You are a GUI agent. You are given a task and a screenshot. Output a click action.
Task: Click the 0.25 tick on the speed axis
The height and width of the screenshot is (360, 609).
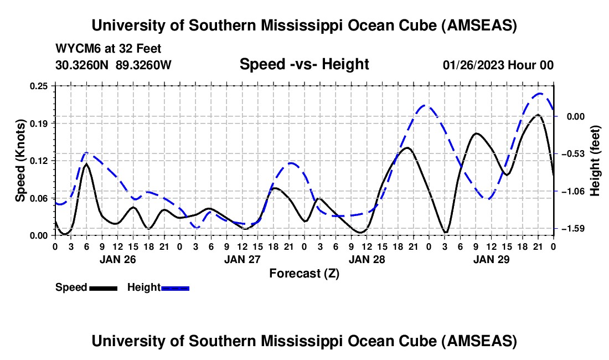pyautogui.click(x=41, y=86)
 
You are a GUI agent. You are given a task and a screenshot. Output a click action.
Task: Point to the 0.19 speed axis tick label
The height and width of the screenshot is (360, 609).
pyautogui.click(x=41, y=123)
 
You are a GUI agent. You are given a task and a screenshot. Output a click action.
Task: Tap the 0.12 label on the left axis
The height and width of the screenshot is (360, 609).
pyautogui.click(x=41, y=161)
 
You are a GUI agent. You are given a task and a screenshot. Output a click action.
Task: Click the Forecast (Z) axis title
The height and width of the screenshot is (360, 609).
pyautogui.click(x=304, y=273)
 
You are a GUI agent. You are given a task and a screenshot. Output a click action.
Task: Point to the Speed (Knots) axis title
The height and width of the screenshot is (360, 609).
pyautogui.click(x=20, y=160)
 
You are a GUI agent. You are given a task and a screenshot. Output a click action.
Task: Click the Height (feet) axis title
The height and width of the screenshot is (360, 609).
pyautogui.click(x=596, y=160)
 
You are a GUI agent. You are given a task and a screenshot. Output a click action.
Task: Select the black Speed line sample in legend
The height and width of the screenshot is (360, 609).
pyautogui.click(x=103, y=287)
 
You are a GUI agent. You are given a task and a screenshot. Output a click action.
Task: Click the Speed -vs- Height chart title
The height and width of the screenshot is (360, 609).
pyautogui.click(x=304, y=64)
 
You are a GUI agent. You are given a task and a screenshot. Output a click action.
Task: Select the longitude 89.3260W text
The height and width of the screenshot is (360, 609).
pyautogui.click(x=144, y=65)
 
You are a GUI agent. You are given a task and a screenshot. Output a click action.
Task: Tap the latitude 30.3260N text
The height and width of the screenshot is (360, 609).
pyautogui.click(x=82, y=65)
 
